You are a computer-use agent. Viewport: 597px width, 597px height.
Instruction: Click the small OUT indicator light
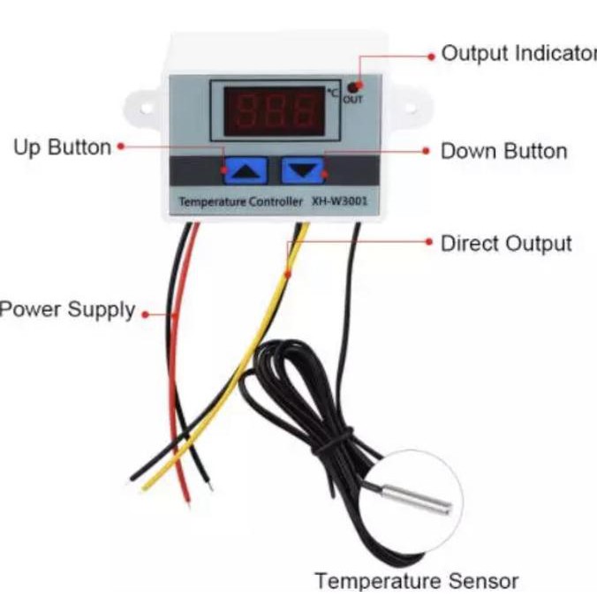[x=353, y=87]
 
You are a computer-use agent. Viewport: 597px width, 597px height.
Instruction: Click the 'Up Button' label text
[x=62, y=147]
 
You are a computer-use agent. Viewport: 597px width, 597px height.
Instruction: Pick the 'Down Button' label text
[x=503, y=151]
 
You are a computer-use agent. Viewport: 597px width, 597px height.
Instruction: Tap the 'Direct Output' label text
[x=506, y=243]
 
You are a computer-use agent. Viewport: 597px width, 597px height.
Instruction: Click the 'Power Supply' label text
[x=67, y=310]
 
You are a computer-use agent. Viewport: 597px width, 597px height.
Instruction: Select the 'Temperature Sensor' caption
[x=416, y=580]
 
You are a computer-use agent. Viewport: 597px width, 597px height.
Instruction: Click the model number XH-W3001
[x=340, y=201]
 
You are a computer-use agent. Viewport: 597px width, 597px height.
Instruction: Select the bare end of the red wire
[x=185, y=499]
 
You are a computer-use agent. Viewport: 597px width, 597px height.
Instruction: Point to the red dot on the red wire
[x=174, y=314]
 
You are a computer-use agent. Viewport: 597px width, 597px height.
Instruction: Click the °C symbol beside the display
[x=333, y=92]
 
